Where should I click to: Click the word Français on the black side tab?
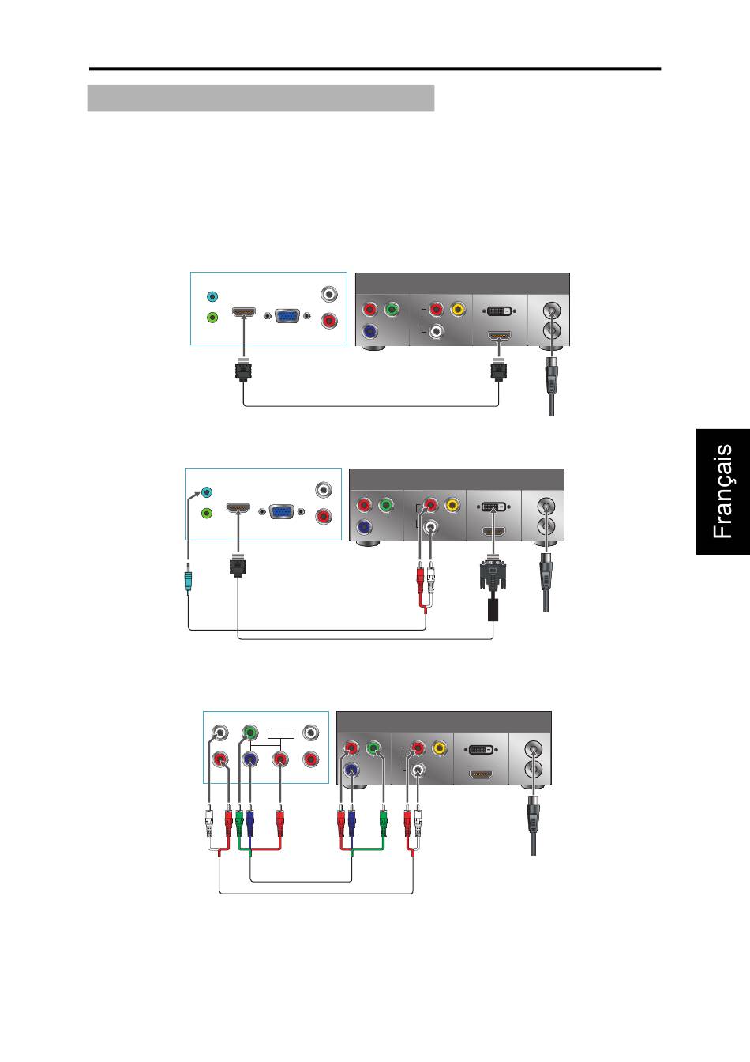pyautogui.click(x=723, y=491)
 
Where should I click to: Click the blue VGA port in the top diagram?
pyautogui.click(x=288, y=314)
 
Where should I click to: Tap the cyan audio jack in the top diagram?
pyautogui.click(x=211, y=297)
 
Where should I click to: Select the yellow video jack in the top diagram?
pyautogui.click(x=457, y=310)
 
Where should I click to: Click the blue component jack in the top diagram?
pyautogui.click(x=369, y=332)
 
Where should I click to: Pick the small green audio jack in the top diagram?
pyautogui.click(x=211, y=318)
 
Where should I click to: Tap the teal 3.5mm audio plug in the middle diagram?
pyautogui.click(x=187, y=582)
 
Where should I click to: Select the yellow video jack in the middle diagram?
pyautogui.click(x=452, y=504)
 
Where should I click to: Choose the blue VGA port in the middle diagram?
pyautogui.click(x=283, y=511)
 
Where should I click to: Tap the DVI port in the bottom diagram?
pyautogui.click(x=482, y=748)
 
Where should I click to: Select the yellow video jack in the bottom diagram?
pyautogui.click(x=439, y=748)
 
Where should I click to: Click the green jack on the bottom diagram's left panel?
pyautogui.click(x=249, y=732)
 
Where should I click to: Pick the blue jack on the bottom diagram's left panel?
pyautogui.click(x=249, y=759)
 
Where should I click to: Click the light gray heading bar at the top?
pyautogui.click(x=261, y=98)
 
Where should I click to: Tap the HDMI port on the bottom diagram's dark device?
pyautogui.click(x=482, y=774)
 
